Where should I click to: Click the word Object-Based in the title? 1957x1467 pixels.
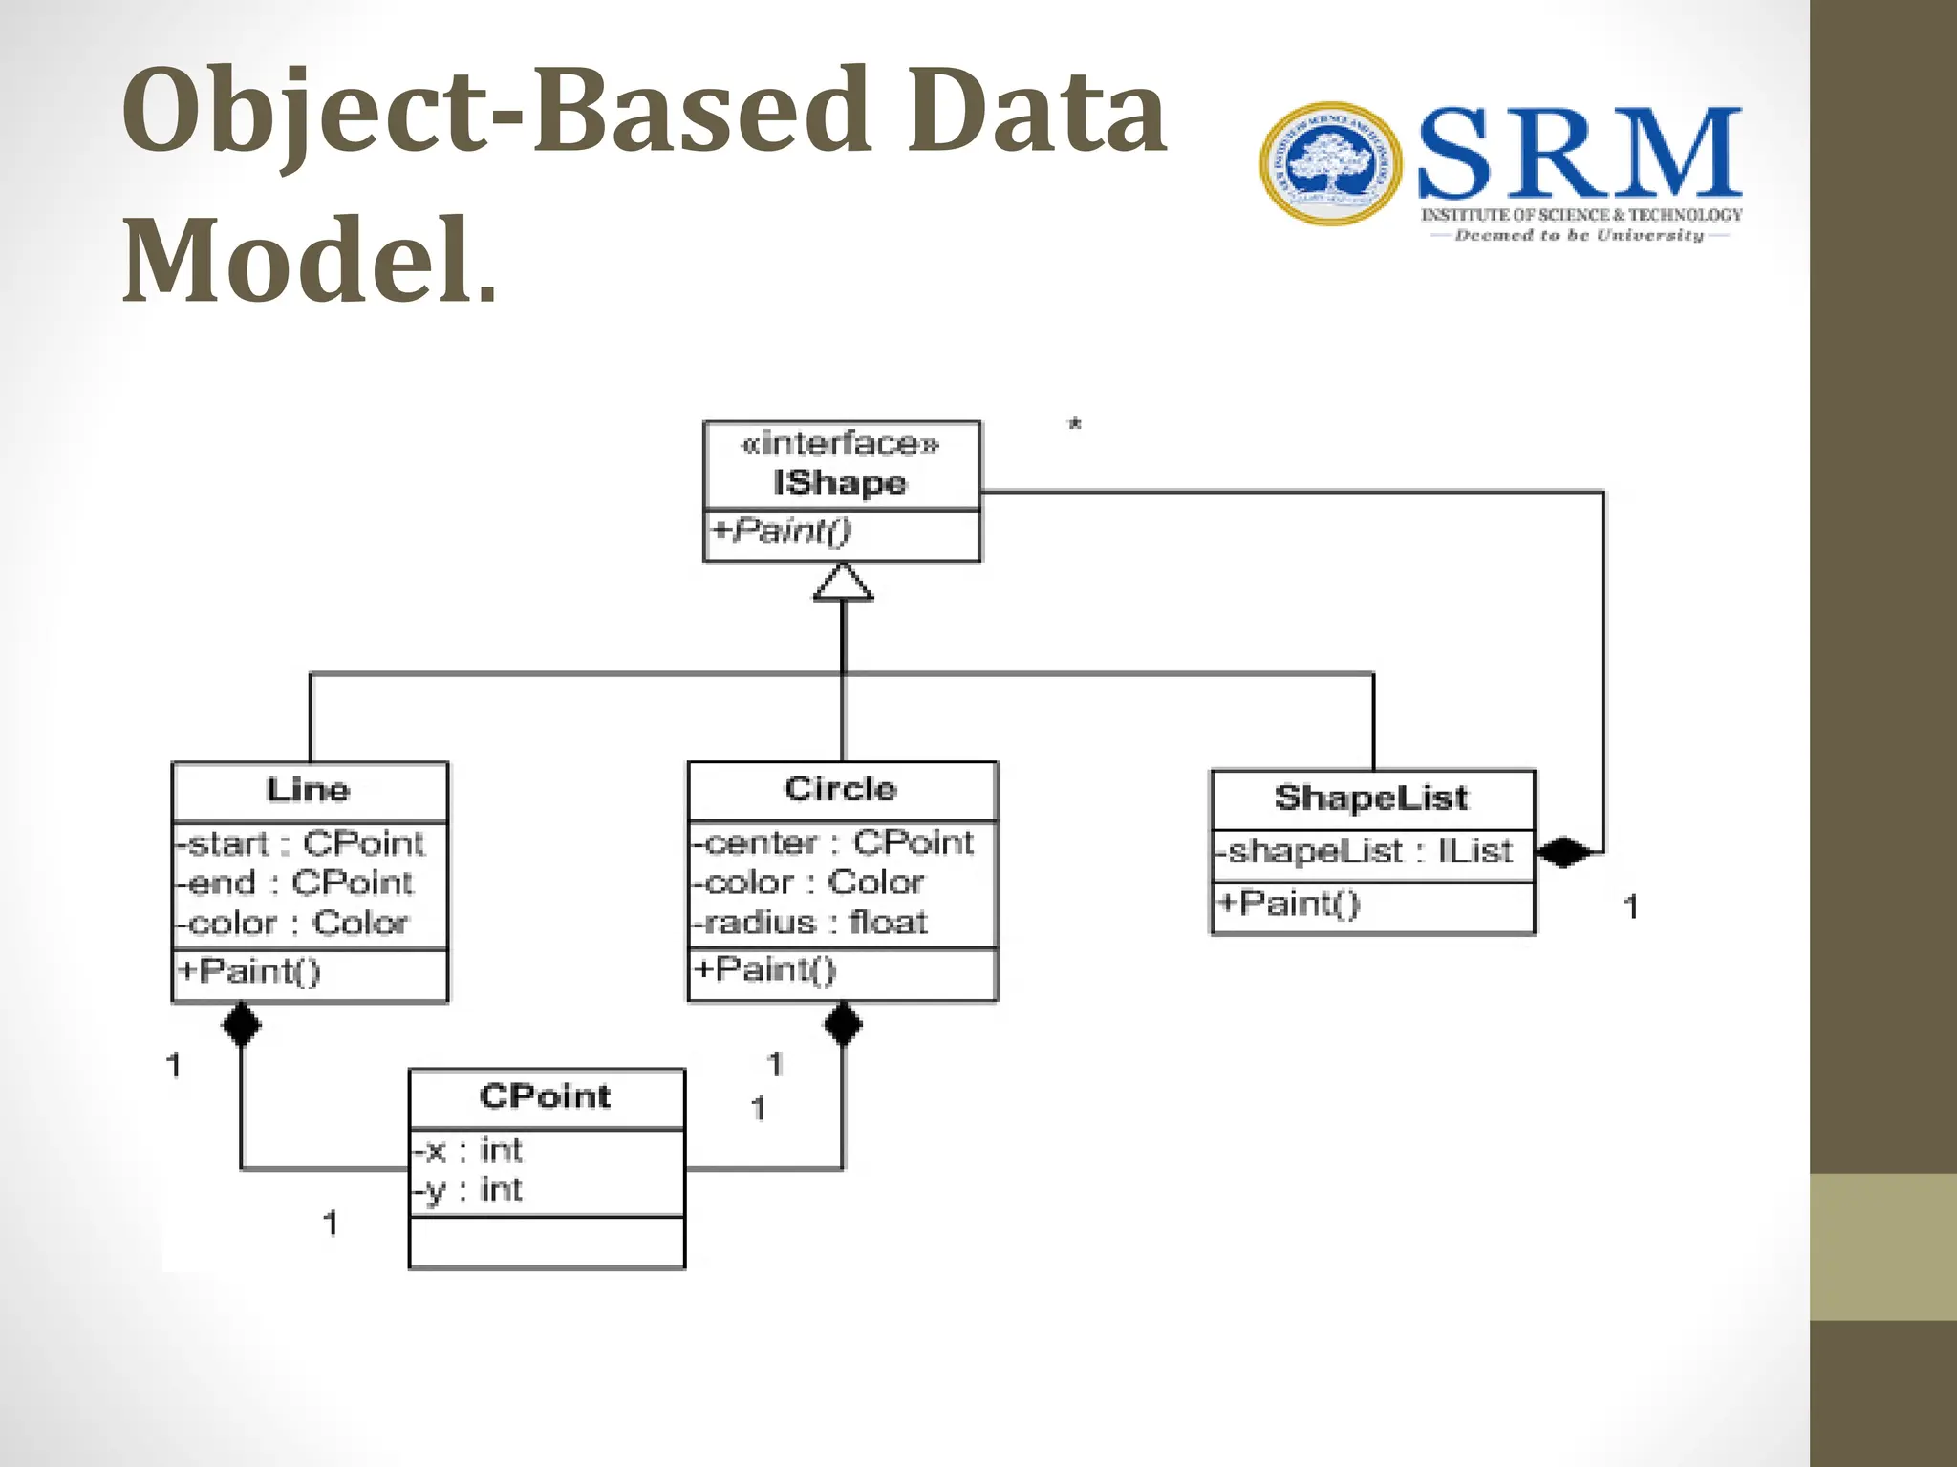[497, 113]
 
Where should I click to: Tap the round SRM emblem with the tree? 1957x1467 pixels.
[1330, 164]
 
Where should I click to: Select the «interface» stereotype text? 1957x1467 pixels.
[841, 444]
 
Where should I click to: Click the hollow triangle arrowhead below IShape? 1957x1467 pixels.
[843, 583]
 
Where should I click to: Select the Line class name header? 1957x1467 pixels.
[308, 791]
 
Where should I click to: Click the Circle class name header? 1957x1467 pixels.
[841, 790]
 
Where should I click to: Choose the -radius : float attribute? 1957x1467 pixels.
[810, 923]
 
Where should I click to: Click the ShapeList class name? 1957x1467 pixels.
[1371, 797]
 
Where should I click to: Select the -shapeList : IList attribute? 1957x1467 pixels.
[1365, 851]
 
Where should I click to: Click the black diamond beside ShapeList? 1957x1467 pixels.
[1563, 852]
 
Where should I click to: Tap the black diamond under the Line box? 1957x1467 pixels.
[241, 1025]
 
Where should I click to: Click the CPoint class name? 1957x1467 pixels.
[545, 1096]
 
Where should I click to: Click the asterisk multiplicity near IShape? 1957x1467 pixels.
[1075, 424]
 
